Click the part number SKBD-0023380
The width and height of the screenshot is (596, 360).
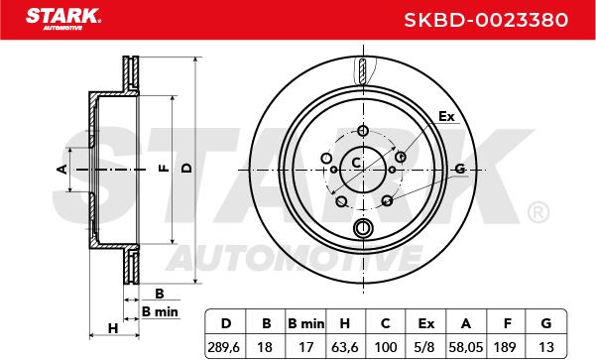pyautogui.click(x=486, y=20)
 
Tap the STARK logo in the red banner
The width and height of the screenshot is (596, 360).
pyautogui.click(x=63, y=19)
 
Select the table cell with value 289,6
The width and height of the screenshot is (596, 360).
pyautogui.click(x=224, y=347)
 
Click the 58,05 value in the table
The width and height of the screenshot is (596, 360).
pyautogui.click(x=466, y=347)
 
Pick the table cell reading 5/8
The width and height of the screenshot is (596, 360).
pyautogui.click(x=425, y=347)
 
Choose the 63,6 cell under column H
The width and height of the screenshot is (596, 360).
pyautogui.click(x=344, y=347)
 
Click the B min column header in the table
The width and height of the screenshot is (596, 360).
pyautogui.click(x=306, y=323)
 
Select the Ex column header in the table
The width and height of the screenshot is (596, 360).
pyautogui.click(x=425, y=323)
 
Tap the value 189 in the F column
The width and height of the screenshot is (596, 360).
pyautogui.click(x=505, y=347)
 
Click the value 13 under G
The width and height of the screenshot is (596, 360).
pyautogui.click(x=546, y=347)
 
